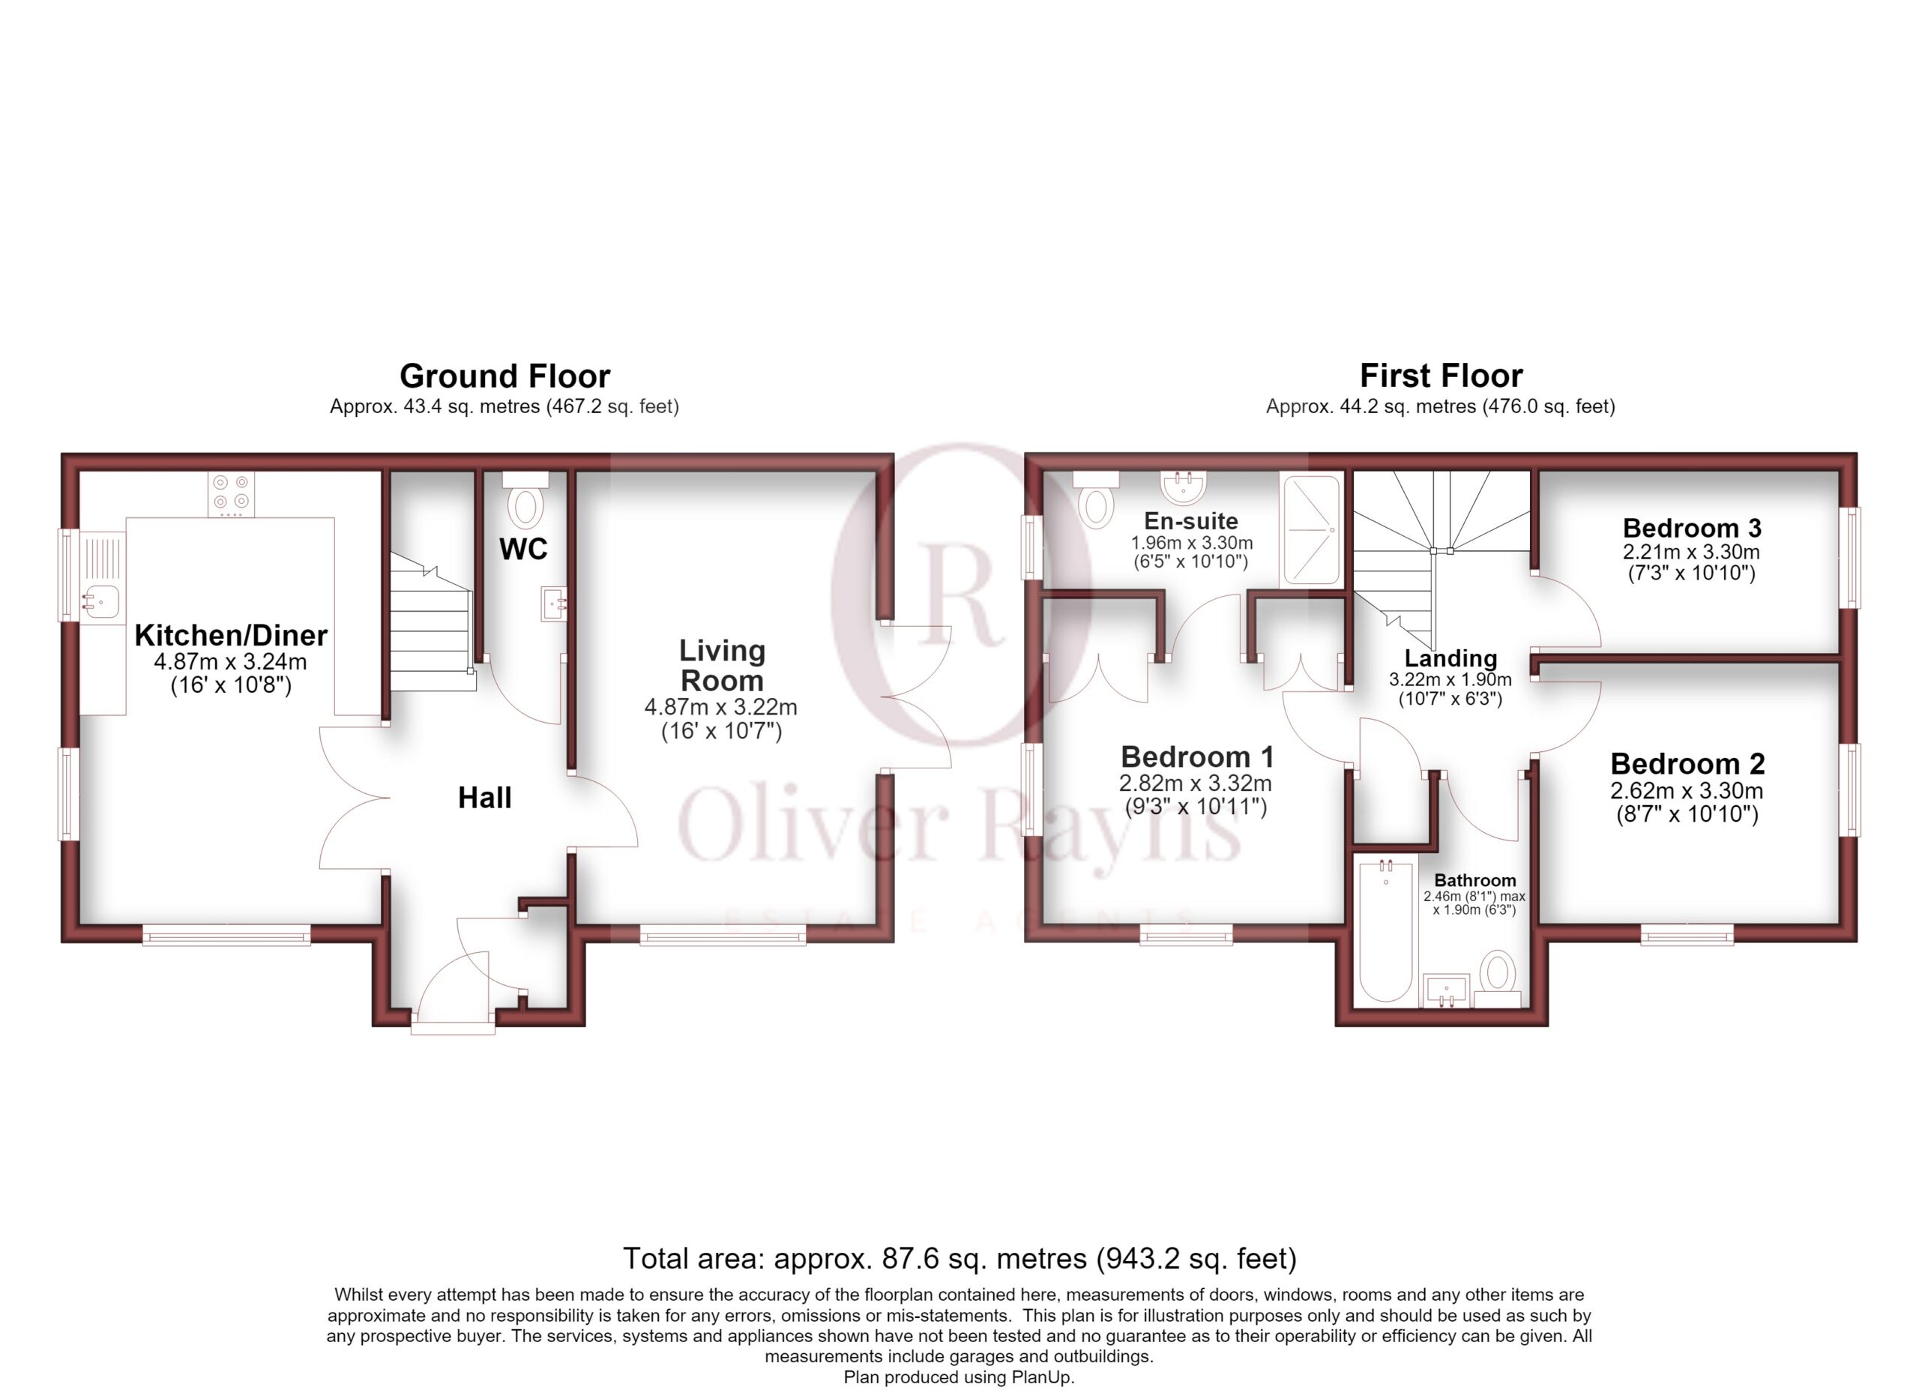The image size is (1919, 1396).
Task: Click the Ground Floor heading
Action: pyautogui.click(x=504, y=376)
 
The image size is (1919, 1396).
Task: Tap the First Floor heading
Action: pyautogui.click(x=1441, y=375)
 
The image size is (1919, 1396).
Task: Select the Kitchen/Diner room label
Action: pyautogui.click(x=231, y=634)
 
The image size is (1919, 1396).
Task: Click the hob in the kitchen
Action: pyautogui.click(x=231, y=494)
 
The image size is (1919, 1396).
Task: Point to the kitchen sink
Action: pyautogui.click(x=101, y=601)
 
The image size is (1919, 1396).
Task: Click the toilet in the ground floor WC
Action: pyautogui.click(x=525, y=499)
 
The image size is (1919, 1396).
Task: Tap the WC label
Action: pyautogui.click(x=523, y=549)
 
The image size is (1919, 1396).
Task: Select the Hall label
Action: pyautogui.click(x=485, y=797)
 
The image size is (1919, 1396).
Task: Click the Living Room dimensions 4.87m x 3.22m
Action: pyautogui.click(x=721, y=706)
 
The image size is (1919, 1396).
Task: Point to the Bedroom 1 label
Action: pyautogui.click(x=1196, y=756)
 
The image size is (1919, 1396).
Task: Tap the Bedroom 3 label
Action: pyautogui.click(x=1692, y=528)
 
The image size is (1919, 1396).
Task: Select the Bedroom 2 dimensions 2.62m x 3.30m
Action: pyautogui.click(x=1687, y=791)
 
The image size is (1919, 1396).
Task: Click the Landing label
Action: pyautogui.click(x=1451, y=658)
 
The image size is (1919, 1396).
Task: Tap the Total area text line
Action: pyautogui.click(x=959, y=1259)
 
